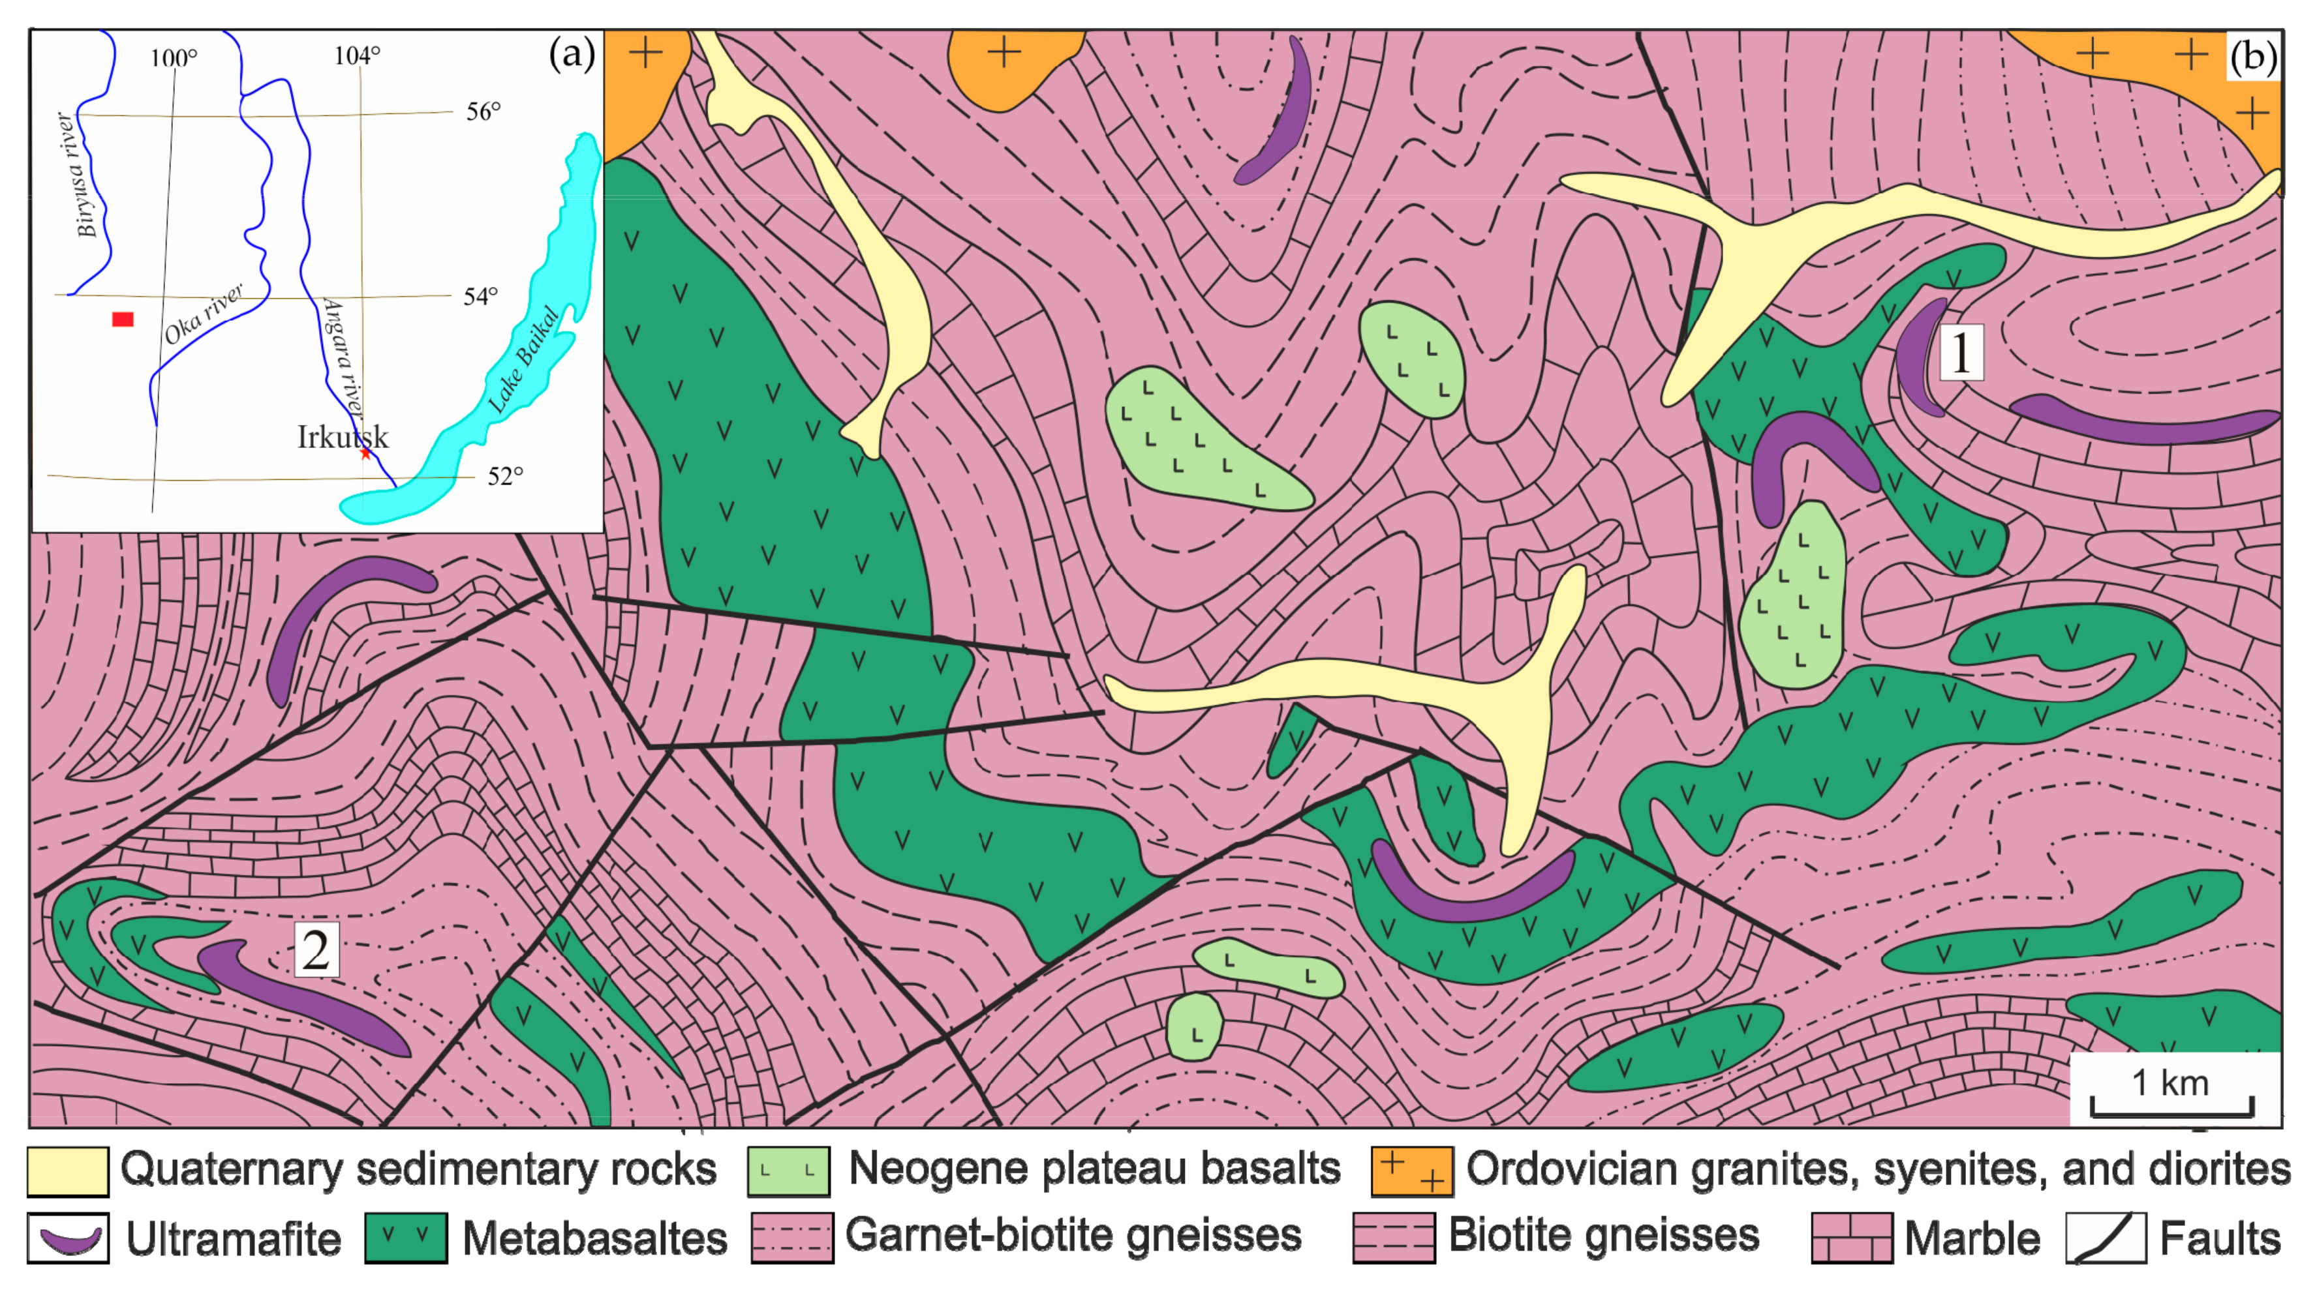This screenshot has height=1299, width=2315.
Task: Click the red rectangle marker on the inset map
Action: click(123, 319)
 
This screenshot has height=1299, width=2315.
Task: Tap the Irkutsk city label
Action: click(343, 438)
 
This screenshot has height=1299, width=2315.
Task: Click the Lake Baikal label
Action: click(524, 359)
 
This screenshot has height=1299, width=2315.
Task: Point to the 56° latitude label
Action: click(483, 112)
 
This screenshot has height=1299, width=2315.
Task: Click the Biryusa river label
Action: click(87, 175)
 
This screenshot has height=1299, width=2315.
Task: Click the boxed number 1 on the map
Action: click(1960, 352)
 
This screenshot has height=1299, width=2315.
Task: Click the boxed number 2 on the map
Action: click(316, 949)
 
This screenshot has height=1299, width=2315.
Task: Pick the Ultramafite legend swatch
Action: click(69, 1238)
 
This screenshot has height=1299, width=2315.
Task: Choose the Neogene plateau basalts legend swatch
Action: click(788, 1171)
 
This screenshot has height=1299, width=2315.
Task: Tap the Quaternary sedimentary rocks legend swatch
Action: click(69, 1171)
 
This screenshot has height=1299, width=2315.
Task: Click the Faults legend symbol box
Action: click(2106, 1238)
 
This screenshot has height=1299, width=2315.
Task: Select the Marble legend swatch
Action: click(1851, 1238)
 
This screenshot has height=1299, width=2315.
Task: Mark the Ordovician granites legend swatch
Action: click(1411, 1171)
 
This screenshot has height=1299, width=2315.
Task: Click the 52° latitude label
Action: click(504, 476)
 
